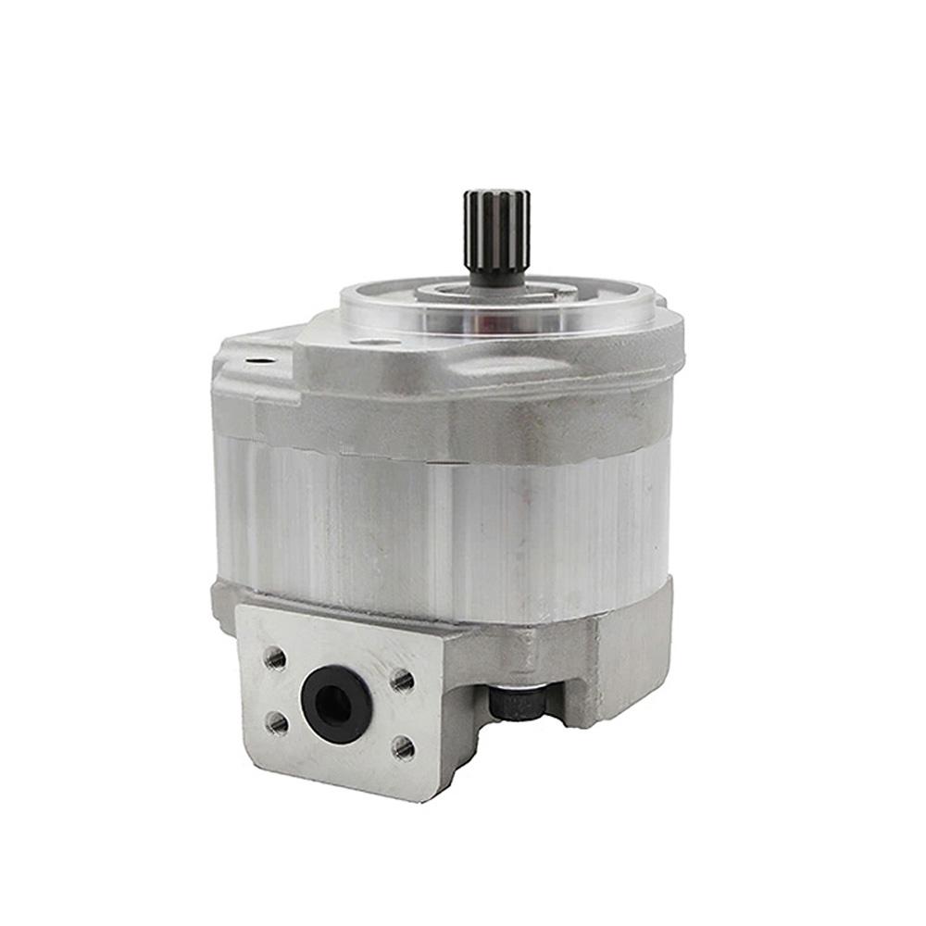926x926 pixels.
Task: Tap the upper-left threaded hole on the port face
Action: pos(275,659)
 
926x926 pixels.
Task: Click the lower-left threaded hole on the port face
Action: pos(275,720)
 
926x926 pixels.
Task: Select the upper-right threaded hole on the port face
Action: pos(402,682)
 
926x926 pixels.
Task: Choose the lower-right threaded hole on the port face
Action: pos(403,746)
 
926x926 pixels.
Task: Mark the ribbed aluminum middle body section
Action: pos(444,528)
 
